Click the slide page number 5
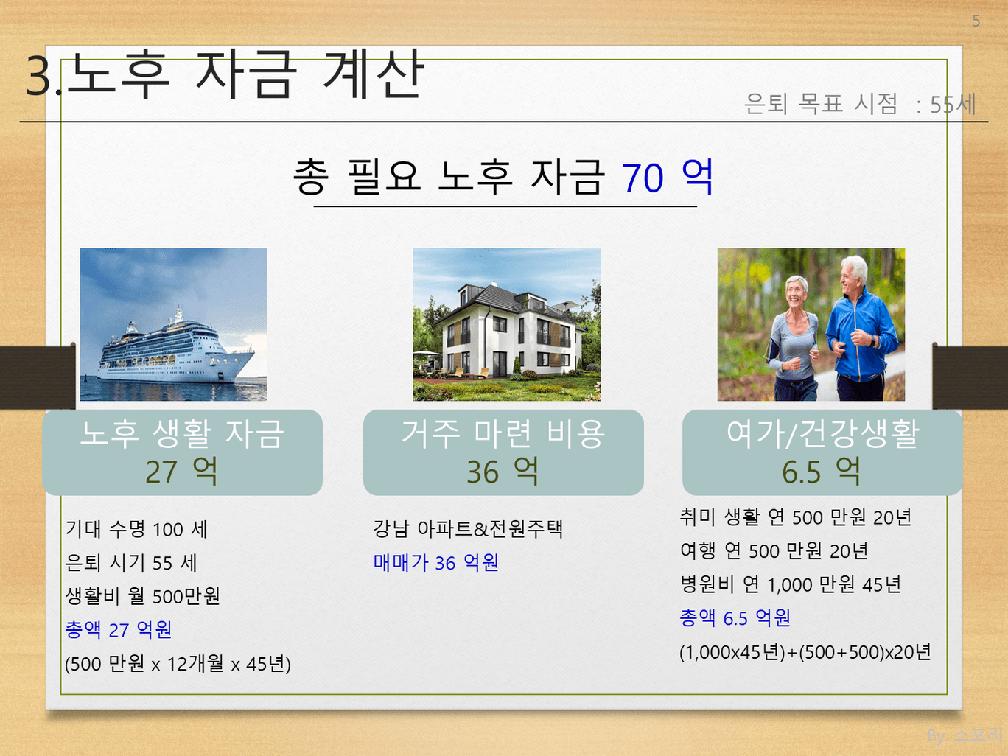pos(976,21)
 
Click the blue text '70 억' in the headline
pos(668,177)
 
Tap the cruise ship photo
pos(174,324)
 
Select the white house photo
pos(506,324)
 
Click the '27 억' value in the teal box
pos(181,472)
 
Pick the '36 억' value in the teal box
pos(503,472)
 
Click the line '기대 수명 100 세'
pos(136,529)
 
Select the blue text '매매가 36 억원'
pos(435,563)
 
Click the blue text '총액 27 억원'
pos(119,630)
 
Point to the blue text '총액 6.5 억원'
pos(735,617)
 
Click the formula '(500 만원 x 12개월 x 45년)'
pos(178,664)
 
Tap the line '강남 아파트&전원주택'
pos(468,529)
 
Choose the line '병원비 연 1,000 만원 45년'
pos(791,584)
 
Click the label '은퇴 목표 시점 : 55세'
pos(860,104)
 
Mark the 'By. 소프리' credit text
pos(965,735)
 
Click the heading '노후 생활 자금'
pos(182,433)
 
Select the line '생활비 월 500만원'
pos(143,596)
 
